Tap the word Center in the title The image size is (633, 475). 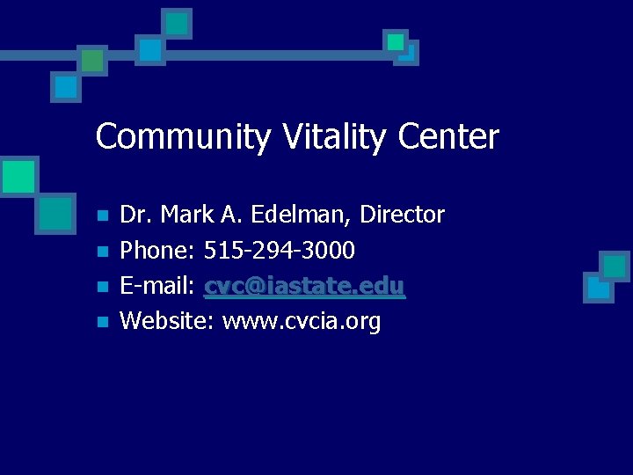point(448,136)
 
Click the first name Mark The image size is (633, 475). point(186,215)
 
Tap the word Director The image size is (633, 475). point(403,215)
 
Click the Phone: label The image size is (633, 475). point(157,251)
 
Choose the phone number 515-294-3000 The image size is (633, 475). point(280,251)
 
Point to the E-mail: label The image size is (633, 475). point(158,287)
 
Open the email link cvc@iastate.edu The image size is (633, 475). point(305,287)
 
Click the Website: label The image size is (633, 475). point(167,322)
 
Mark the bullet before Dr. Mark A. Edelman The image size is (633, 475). point(103,216)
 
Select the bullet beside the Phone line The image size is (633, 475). point(103,252)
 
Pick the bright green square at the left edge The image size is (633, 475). point(17,176)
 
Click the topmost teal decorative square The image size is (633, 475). point(178,24)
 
